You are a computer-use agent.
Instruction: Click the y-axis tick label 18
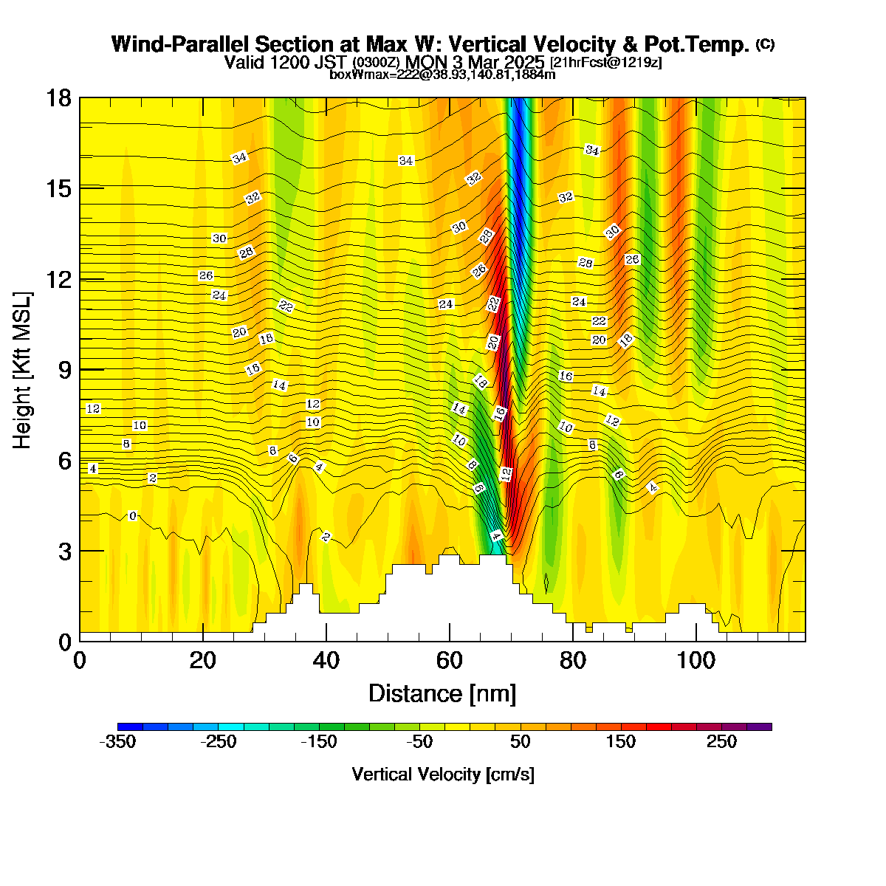(58, 98)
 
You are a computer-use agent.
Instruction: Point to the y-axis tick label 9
(65, 370)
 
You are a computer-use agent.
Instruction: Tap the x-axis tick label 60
(449, 661)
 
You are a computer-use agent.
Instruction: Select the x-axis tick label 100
(696, 661)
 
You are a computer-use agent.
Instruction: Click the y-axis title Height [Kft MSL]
(21, 370)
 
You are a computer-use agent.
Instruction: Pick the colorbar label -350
(117, 741)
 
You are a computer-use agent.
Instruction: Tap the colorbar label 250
(721, 741)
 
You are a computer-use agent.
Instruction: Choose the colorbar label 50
(520, 741)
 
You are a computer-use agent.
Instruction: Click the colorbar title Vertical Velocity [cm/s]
(443, 775)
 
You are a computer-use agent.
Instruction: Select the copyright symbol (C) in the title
(765, 44)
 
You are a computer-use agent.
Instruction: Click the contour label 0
(132, 516)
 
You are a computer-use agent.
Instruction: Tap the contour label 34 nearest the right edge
(592, 150)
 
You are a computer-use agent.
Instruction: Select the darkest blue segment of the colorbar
(130, 727)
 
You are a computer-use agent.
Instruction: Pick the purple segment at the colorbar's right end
(759, 727)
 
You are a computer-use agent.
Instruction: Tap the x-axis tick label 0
(80, 661)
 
